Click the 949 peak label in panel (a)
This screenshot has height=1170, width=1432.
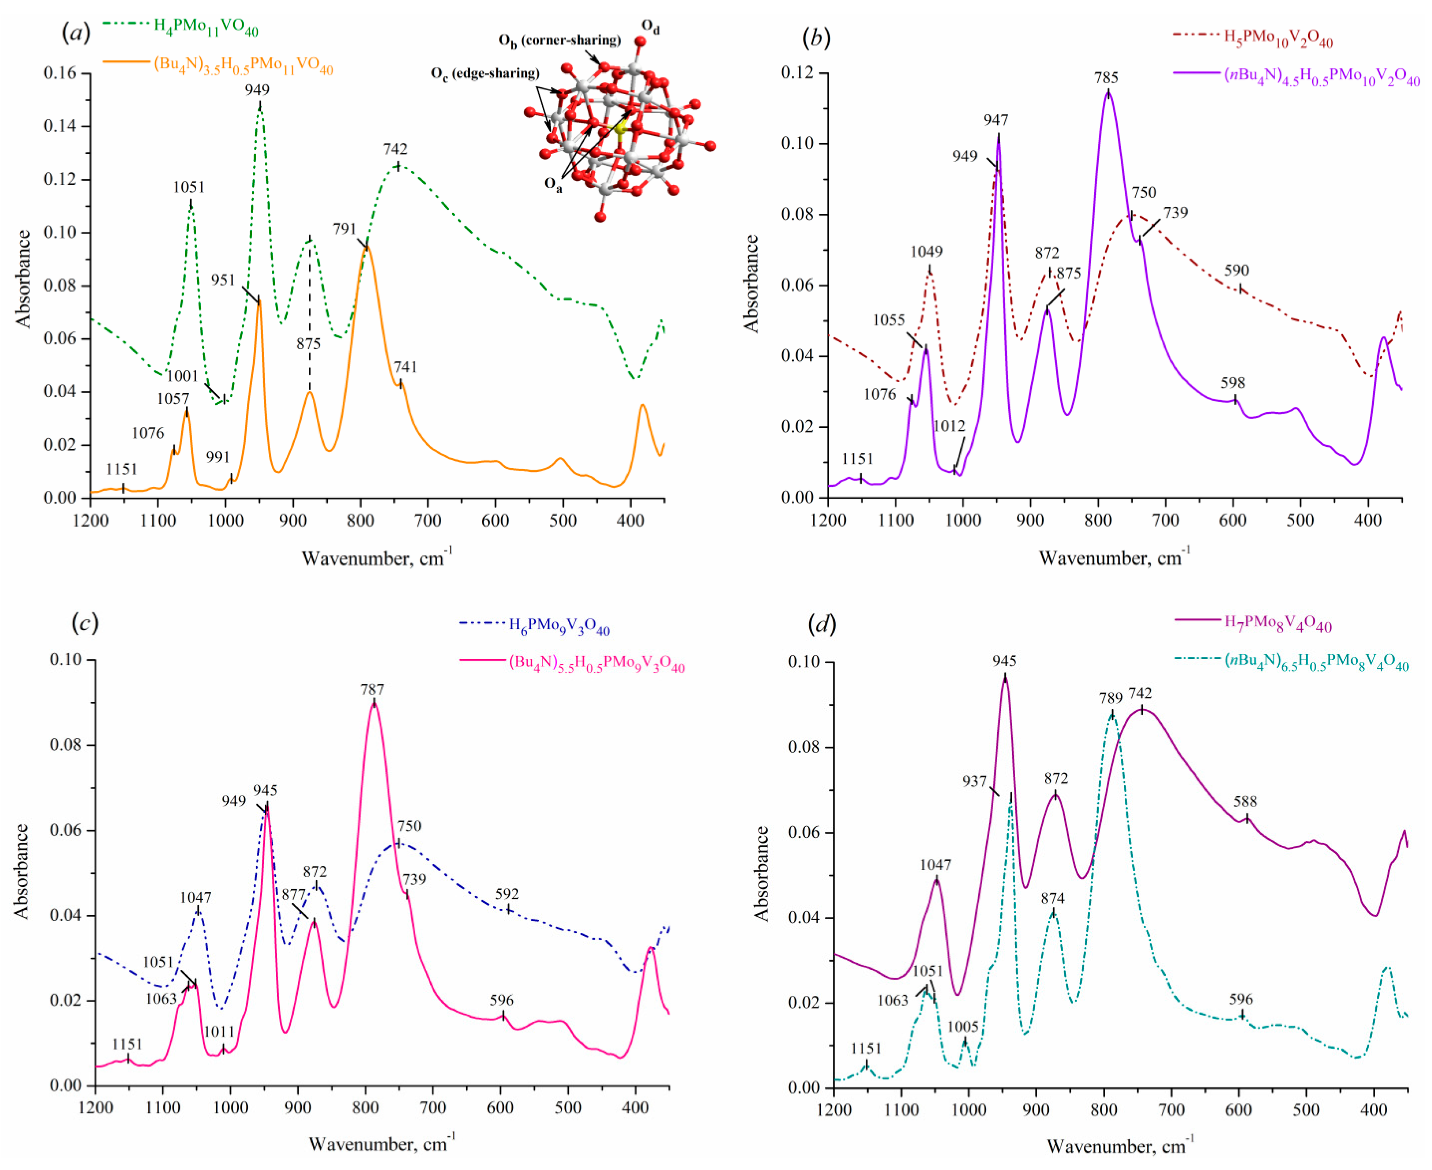click(x=257, y=90)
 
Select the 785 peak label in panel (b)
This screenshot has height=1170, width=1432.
click(x=1106, y=78)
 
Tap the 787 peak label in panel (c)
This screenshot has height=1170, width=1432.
click(x=372, y=690)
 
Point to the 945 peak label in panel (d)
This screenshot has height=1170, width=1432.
click(x=1004, y=661)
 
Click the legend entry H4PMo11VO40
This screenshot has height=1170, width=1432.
click(x=206, y=27)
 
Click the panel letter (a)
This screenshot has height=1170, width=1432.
click(x=76, y=33)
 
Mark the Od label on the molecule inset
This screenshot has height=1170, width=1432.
click(x=650, y=27)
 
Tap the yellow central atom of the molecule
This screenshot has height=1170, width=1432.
click(x=620, y=128)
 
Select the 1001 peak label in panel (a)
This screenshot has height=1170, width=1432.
click(x=183, y=376)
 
